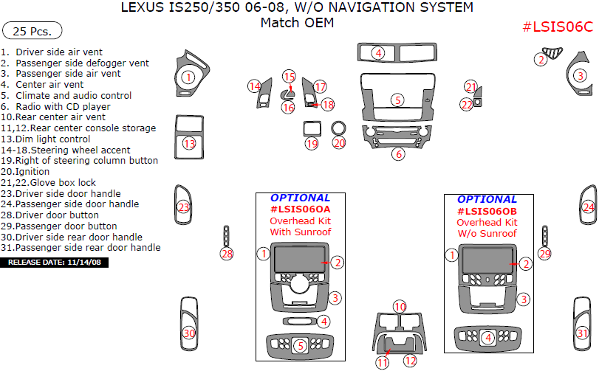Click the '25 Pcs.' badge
[32, 31]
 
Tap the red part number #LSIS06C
[557, 27]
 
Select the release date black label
[55, 262]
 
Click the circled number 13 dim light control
[190, 144]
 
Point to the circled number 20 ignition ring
[339, 143]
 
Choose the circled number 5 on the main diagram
[397, 100]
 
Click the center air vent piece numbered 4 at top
[378, 53]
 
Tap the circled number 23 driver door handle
[183, 207]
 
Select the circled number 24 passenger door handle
[588, 207]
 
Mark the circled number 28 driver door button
[227, 254]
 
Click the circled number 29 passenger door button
[545, 254]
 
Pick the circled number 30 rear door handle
[189, 333]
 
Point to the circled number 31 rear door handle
[583, 333]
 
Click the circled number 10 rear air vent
[400, 306]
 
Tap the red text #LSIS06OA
[300, 210]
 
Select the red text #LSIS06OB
[487, 211]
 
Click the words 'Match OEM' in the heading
[297, 23]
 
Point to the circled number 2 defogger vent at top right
[541, 60]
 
